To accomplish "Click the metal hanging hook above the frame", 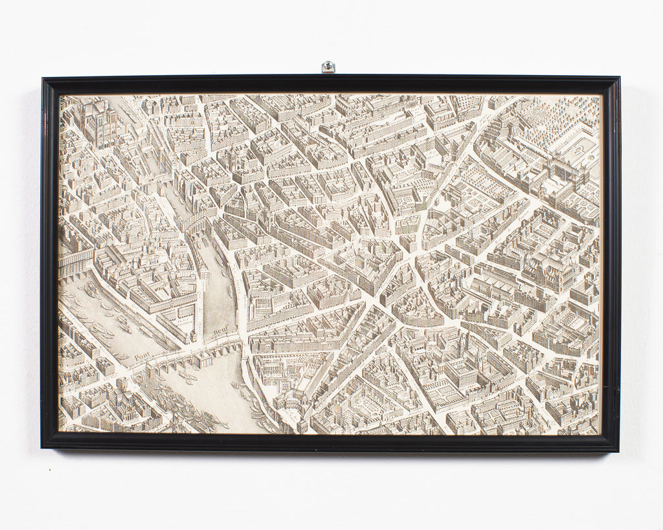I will pos(328,67).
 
